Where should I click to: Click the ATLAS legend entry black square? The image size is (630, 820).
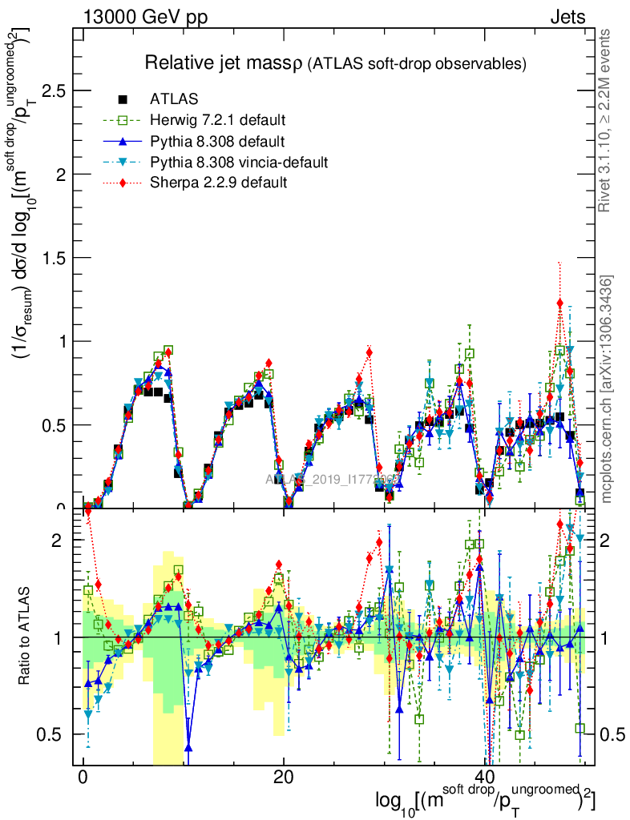tap(123, 99)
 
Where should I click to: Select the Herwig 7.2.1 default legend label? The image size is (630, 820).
tap(218, 120)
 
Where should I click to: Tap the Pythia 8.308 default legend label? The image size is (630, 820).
tap(217, 141)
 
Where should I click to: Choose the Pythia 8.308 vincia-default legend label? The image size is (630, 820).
tap(239, 162)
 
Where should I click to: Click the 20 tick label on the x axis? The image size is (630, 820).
tap(283, 778)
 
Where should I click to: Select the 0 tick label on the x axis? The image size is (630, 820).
tap(83, 778)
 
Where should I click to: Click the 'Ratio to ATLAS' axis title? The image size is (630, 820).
tap(26, 636)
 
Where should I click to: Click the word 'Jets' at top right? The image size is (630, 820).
tap(567, 17)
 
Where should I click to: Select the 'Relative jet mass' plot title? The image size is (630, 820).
tap(222, 62)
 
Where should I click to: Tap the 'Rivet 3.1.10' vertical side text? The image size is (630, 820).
tap(606, 120)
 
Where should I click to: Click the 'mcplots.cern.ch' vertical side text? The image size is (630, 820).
tap(606, 389)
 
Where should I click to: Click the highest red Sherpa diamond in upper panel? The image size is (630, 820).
tap(559, 303)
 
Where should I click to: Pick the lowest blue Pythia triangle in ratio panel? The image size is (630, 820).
tap(188, 747)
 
